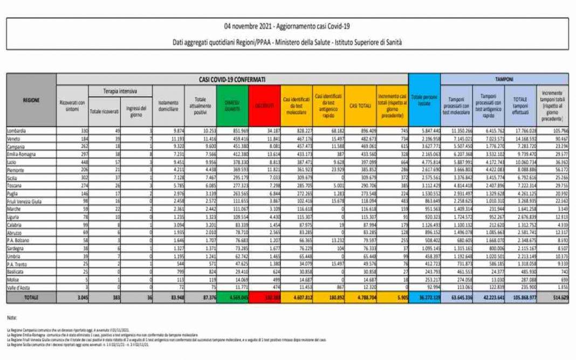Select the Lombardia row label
click(x=17, y=131)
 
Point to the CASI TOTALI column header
click(x=360, y=105)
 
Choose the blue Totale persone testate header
click(x=424, y=100)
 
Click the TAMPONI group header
click(x=505, y=79)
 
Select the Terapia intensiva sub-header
click(x=120, y=92)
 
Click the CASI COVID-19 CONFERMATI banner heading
click(x=232, y=79)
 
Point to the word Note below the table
click(x=12, y=319)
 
